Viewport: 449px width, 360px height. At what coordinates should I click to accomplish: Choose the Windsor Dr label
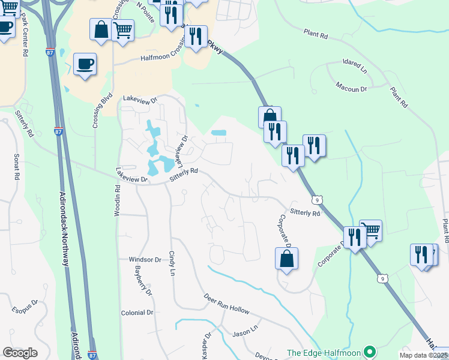(145, 260)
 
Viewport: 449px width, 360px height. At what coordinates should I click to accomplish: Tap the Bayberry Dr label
(144, 281)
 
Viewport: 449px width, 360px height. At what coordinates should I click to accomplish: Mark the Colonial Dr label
(137, 313)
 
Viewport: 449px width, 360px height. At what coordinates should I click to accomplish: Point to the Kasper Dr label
(206, 347)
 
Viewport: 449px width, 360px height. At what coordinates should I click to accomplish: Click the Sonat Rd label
(17, 167)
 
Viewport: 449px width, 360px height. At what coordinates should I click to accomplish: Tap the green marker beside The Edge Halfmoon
(371, 352)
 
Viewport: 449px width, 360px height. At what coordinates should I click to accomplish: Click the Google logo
(20, 353)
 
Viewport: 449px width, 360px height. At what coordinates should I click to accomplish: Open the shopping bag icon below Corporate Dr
(287, 259)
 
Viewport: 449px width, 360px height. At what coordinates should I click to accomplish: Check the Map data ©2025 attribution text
(424, 355)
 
